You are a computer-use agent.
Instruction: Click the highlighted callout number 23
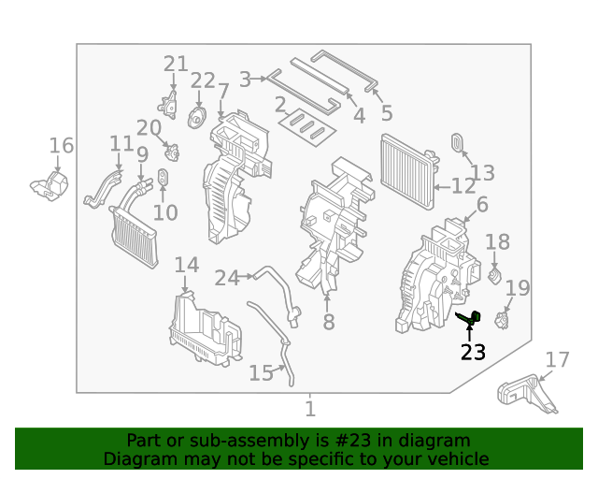tap(474, 352)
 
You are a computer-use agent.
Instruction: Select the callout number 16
tap(61, 145)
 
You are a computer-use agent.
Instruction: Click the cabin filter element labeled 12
tap(408, 170)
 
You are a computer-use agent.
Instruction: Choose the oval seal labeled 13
tap(459, 142)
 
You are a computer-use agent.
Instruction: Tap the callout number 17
tap(557, 359)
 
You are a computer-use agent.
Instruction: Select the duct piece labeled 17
tap(526, 393)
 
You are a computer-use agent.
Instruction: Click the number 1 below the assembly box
tap(309, 409)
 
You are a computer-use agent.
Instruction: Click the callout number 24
tap(227, 277)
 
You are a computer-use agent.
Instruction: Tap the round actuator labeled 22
tap(197, 118)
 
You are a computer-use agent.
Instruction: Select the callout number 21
tap(176, 64)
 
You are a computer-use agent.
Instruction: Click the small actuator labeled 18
tap(495, 275)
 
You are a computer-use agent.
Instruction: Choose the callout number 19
tap(517, 288)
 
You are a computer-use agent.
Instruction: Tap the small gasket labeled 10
tap(163, 178)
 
